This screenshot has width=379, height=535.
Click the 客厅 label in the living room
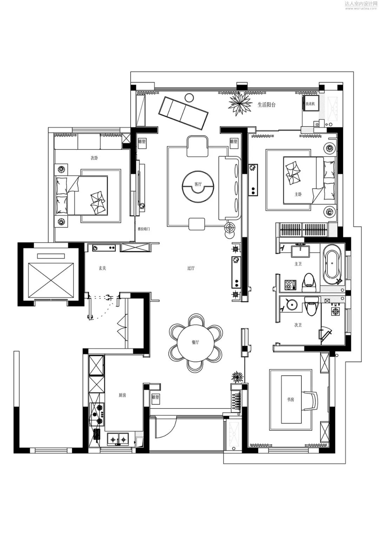(198, 184)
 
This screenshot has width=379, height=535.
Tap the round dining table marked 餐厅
(195, 342)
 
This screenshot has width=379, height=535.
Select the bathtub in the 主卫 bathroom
(332, 264)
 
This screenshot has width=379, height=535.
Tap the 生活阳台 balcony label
(266, 104)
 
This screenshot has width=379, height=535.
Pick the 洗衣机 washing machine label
(310, 104)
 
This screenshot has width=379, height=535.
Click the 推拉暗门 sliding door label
(144, 229)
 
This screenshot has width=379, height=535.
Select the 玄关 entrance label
(102, 268)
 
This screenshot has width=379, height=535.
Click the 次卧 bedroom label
(94, 158)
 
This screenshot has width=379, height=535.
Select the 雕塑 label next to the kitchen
(155, 397)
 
